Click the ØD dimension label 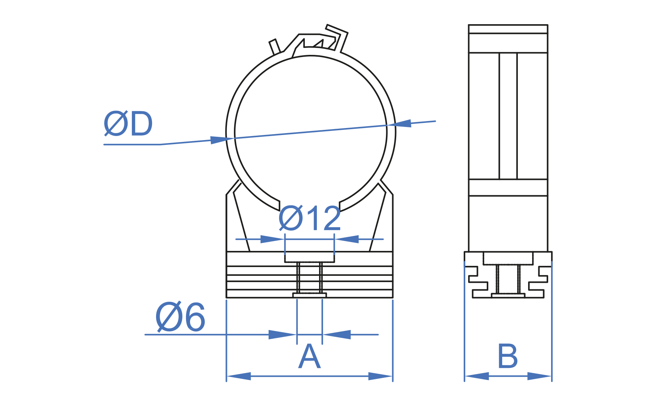click(128, 124)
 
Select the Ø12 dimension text click(310, 218)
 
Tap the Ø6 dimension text click(180, 317)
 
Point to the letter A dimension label click(310, 356)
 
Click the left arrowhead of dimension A click(239, 376)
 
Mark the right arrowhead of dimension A click(380, 376)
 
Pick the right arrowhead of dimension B click(539, 376)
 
